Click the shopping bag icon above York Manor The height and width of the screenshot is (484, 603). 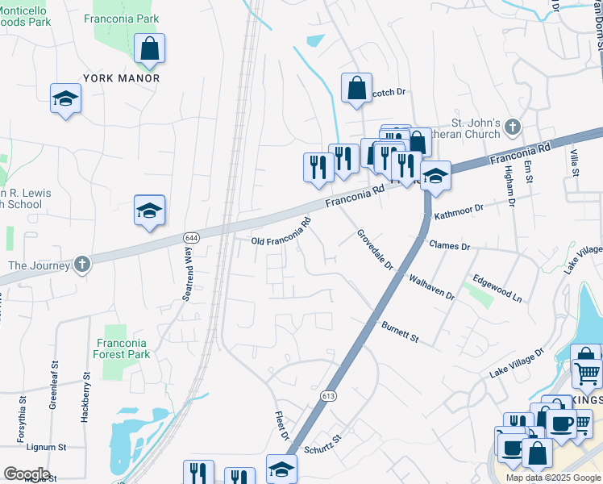point(150,49)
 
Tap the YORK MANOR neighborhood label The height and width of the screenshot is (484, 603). point(121,78)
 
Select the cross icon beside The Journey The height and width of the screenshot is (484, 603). point(81,265)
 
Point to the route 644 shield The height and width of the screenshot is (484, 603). point(191,237)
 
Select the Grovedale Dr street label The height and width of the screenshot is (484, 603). point(375,250)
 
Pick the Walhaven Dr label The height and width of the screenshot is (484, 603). point(431,286)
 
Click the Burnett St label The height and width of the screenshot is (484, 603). point(400,330)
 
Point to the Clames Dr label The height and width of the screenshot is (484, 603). point(449,245)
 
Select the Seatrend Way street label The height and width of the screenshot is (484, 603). point(187,274)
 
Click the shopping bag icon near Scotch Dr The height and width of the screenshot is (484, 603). point(356,89)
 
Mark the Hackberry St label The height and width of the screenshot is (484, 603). point(85,398)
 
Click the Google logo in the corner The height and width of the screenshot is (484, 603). point(27,474)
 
